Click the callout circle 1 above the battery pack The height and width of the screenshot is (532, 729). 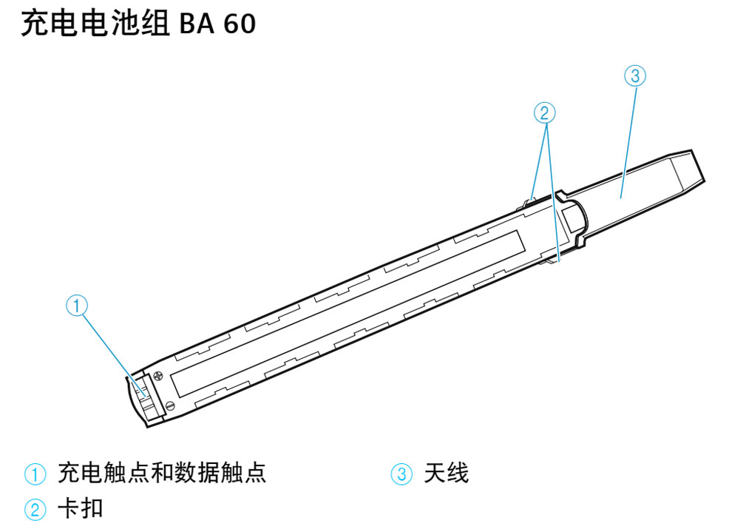(77, 305)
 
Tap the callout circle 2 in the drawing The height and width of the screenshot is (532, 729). (544, 112)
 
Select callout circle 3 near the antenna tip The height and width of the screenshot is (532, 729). (635, 75)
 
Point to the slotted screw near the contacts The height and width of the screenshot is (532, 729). (171, 405)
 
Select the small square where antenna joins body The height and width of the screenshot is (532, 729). (574, 220)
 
